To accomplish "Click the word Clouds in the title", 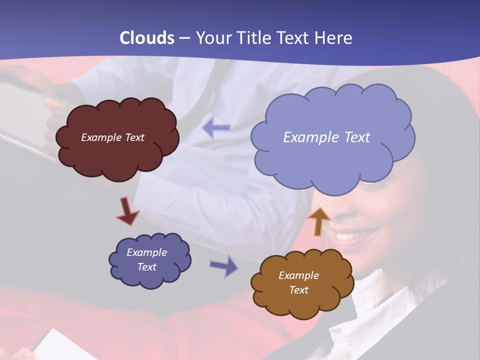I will click(146, 38).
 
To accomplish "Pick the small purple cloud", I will click(149, 260).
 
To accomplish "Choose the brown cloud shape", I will click(301, 283).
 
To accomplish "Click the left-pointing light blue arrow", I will click(216, 128).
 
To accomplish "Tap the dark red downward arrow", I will click(127, 210).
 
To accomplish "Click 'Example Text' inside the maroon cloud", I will click(112, 137).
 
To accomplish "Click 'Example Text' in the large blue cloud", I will click(326, 137).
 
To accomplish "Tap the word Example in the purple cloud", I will click(146, 252).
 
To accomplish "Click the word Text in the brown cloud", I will click(298, 290).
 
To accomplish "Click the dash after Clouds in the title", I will click(184, 38).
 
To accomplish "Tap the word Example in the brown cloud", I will click(298, 275).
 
